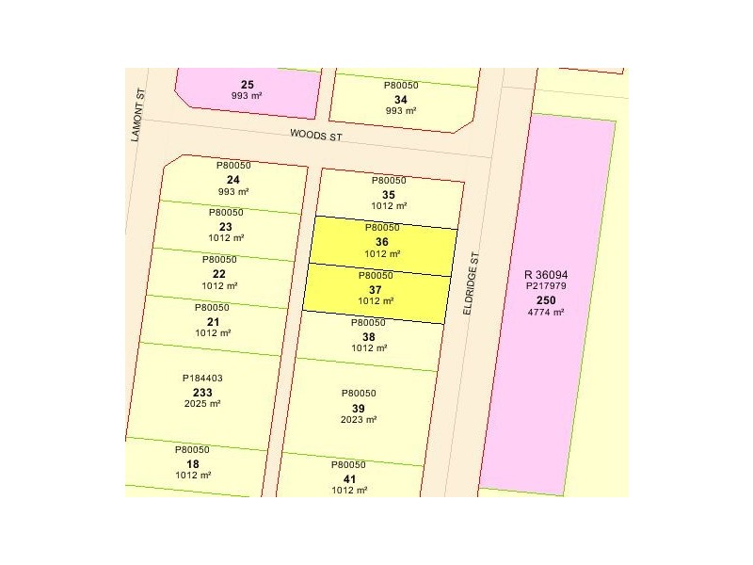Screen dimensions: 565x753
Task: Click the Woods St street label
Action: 316,136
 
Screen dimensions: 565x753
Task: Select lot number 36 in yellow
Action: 381,241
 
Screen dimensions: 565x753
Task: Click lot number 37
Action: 375,289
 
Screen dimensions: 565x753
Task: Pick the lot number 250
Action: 546,299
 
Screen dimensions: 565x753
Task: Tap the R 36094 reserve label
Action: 546,275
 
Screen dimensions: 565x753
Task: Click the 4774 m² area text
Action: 546,312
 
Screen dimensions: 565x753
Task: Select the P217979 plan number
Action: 546,287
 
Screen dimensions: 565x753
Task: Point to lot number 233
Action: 202,392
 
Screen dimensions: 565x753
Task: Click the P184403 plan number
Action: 202,379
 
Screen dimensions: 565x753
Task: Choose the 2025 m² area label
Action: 202,404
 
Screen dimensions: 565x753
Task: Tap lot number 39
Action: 358,407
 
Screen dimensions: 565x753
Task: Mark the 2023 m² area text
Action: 358,419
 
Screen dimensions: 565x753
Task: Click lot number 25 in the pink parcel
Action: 248,84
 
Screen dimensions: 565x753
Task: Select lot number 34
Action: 401,99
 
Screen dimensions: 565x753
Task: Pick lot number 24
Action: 232,179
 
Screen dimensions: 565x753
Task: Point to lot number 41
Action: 348,477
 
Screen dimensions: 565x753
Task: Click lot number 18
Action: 192,463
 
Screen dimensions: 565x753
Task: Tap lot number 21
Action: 213,321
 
